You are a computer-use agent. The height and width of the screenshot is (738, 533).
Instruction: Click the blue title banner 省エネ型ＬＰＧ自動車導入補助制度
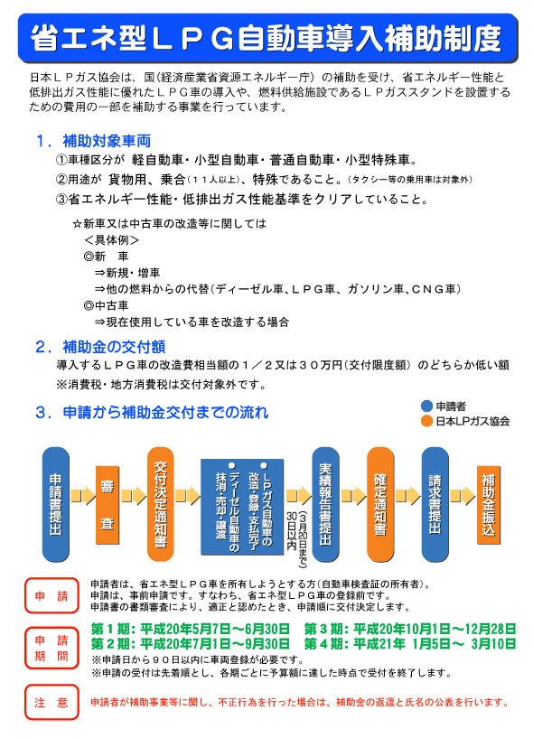point(267,38)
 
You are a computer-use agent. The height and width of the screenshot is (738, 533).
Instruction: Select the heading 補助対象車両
point(107,141)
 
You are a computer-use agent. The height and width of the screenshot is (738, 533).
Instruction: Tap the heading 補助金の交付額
point(114,347)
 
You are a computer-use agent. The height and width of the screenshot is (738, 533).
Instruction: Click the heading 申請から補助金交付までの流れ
point(165,412)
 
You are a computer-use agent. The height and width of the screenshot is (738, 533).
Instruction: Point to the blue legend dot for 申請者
point(426,406)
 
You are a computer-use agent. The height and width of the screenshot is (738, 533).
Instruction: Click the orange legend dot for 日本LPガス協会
point(426,421)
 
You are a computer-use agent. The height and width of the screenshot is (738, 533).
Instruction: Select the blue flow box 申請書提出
point(56,504)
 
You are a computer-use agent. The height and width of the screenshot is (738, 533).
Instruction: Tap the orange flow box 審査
point(108,505)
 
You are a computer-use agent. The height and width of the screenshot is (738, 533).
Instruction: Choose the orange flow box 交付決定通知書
point(161,504)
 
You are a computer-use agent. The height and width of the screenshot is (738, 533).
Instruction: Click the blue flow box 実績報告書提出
point(325,504)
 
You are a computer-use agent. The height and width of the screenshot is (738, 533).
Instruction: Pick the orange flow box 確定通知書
point(380,504)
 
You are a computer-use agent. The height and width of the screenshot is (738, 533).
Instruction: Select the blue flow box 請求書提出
point(435,504)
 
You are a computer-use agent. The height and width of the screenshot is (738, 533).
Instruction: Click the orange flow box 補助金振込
point(489,505)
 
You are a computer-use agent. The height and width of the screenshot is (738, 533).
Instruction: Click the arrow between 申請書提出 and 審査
point(83,496)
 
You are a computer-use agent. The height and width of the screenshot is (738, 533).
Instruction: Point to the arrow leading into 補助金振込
point(463,496)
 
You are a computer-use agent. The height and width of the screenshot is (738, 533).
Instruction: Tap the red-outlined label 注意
point(51,702)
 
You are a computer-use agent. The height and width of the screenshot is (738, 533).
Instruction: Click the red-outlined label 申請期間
point(51,648)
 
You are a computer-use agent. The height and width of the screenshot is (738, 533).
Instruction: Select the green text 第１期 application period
point(191,629)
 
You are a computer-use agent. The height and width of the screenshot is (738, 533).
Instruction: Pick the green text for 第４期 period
point(410,643)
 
